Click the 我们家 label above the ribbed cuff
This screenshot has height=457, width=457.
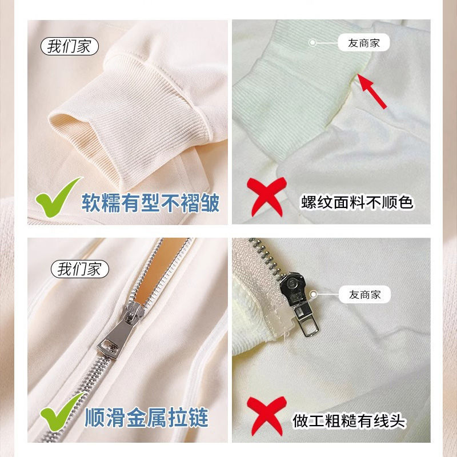coord(70,46)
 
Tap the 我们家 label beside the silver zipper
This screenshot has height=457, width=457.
coord(80,268)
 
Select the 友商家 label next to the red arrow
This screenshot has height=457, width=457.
coord(363,42)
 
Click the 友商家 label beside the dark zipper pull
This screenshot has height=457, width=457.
coord(364,294)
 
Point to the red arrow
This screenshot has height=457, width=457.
coord(372,91)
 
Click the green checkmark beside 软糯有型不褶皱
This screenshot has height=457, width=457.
coord(58,197)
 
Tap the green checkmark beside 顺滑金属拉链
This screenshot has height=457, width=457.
coord(62,411)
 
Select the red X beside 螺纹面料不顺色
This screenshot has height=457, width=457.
coord(267,197)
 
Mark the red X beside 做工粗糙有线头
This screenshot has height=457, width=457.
coord(267,416)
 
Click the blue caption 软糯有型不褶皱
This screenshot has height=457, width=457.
coord(150,203)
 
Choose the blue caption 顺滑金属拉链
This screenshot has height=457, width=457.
coord(146,418)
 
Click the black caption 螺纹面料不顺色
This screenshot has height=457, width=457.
coord(357,202)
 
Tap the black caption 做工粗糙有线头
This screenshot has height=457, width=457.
coord(349,421)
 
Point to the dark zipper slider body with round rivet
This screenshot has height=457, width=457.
coord(292,288)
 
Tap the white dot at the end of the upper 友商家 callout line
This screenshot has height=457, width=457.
coord(312,42)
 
